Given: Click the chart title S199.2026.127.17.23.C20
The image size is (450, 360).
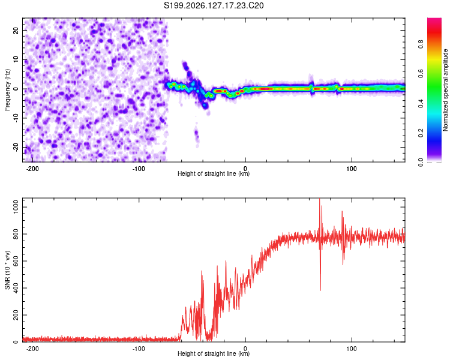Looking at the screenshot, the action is point(214,5).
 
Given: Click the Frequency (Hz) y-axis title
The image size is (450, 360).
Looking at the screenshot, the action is point(7,90).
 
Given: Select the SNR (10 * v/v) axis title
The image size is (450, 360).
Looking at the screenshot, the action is point(7,270).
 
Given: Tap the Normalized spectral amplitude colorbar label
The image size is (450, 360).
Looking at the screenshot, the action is point(445,90).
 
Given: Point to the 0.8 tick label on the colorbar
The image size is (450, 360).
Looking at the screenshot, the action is point(421,44).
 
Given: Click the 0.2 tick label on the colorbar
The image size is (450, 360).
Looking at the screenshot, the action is point(421,133).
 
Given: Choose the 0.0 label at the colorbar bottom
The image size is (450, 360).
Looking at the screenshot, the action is point(421,163).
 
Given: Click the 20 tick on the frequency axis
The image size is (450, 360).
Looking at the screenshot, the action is point(16,31).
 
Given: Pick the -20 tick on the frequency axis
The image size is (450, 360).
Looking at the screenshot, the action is point(16,147).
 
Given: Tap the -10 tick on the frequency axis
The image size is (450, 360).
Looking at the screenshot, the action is point(16,118).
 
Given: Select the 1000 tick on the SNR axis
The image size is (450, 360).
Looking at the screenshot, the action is point(16,207).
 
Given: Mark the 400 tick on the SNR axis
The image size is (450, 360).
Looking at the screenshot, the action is point(16,288).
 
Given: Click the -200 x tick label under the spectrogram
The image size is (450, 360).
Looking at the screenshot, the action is point(32,169).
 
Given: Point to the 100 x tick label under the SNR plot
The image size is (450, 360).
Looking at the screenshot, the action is point(352,349).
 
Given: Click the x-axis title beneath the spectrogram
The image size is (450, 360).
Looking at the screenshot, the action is point(214,173).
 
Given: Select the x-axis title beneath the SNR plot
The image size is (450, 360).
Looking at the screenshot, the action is point(214,353).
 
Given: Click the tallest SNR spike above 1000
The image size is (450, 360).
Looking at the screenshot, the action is point(320,199).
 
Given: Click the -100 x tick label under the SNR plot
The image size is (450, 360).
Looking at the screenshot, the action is point(139,349).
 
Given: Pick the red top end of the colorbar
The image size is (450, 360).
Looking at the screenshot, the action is point(434,19).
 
